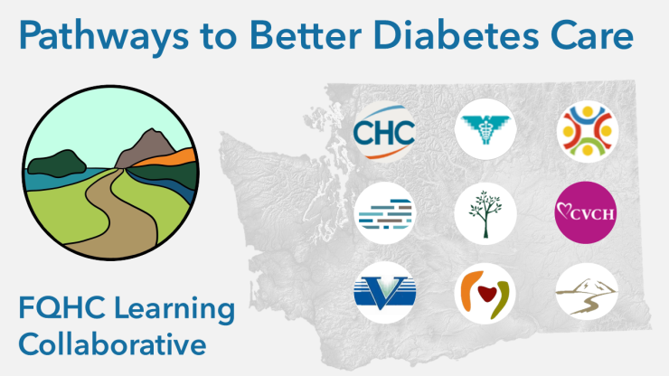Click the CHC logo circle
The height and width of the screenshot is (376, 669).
385,130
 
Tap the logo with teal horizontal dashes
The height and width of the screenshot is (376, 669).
385,213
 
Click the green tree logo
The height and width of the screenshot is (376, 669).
485,213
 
